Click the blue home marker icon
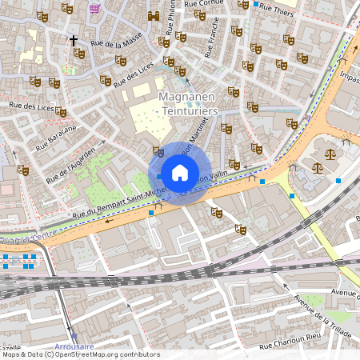180,172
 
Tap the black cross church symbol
74,39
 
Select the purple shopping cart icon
96,8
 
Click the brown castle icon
154,16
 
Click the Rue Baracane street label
56,137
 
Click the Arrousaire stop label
74,346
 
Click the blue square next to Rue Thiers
256,4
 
